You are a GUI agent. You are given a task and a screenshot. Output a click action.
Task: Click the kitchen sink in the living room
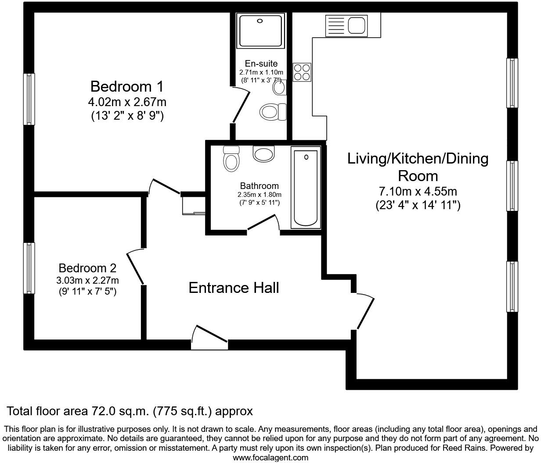tap(346, 25)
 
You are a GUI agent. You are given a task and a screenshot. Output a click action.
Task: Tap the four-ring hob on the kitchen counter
tap(302, 72)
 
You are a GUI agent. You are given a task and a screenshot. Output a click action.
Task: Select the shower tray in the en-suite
tap(260, 30)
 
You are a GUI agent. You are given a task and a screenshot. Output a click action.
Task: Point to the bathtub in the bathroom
tap(306, 187)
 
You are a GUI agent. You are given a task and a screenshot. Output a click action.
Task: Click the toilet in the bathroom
tap(231, 159)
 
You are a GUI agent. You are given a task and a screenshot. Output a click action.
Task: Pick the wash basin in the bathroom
tap(263, 153)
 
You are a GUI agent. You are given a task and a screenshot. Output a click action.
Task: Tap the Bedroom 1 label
tap(126, 86)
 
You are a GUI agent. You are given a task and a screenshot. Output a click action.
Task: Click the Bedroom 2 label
tap(87, 268)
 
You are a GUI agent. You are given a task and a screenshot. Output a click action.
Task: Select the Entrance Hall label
tap(234, 288)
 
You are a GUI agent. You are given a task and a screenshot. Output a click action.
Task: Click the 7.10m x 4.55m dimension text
tap(418, 192)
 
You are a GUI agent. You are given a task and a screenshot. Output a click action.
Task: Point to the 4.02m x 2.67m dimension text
tap(127, 102)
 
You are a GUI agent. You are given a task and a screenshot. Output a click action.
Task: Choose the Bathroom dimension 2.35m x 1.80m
tap(259, 195)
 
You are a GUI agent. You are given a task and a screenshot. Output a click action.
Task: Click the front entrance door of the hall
tap(209, 338)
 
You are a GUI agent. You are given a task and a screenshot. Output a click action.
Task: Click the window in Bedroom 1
tap(29, 99)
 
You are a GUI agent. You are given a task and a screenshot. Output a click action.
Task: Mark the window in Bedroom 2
tap(29, 268)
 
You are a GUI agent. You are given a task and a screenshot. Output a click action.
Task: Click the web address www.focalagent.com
tap(270, 458)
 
